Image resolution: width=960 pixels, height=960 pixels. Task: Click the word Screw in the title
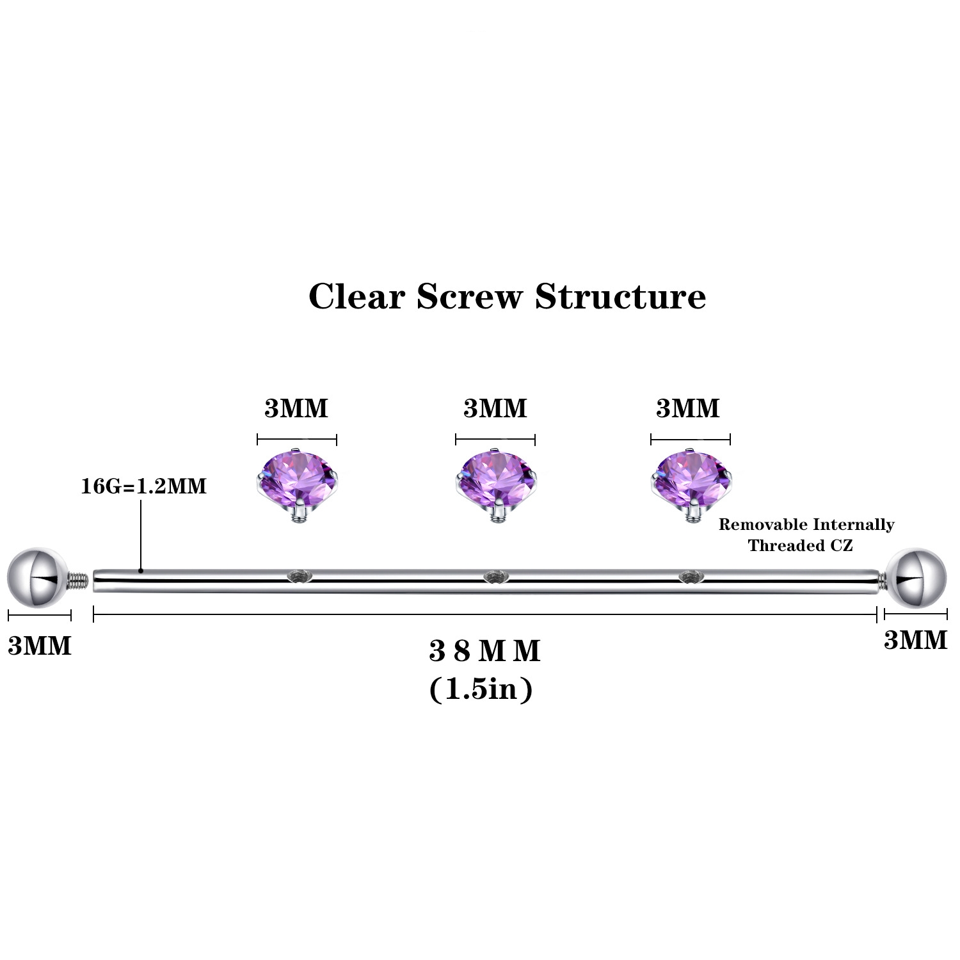[470, 296]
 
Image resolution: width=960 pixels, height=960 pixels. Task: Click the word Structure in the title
[620, 296]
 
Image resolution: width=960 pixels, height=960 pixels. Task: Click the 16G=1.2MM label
[143, 486]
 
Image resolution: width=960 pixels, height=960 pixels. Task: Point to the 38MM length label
[484, 652]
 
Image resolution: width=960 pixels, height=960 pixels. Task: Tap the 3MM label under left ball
[40, 646]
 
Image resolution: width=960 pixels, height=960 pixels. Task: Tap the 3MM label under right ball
[915, 640]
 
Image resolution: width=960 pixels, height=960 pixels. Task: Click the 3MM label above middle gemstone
[495, 408]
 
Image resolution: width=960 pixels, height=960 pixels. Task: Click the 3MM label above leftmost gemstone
[296, 408]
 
